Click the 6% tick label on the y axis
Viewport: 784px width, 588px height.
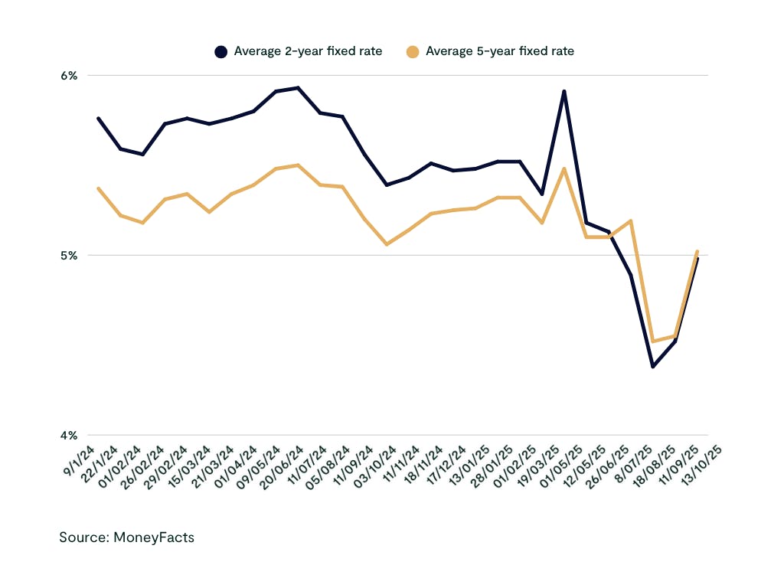[x=69, y=75]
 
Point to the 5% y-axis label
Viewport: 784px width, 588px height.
[x=69, y=255]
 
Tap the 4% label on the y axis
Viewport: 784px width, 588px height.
[x=69, y=435]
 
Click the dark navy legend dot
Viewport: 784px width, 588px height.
[x=221, y=51]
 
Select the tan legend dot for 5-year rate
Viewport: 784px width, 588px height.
[x=413, y=51]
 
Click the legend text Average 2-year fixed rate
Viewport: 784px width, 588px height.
[x=308, y=51]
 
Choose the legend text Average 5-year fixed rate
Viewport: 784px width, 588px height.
[x=500, y=51]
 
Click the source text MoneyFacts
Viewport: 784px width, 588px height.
[x=127, y=537]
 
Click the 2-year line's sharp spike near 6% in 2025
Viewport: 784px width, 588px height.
[x=564, y=91]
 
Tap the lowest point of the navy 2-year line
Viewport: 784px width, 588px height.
[x=653, y=367]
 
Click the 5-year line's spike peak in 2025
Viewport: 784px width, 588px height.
[x=564, y=168]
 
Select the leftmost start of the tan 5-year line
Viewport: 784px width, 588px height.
[x=98, y=188]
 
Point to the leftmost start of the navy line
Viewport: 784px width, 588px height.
[x=98, y=118]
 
